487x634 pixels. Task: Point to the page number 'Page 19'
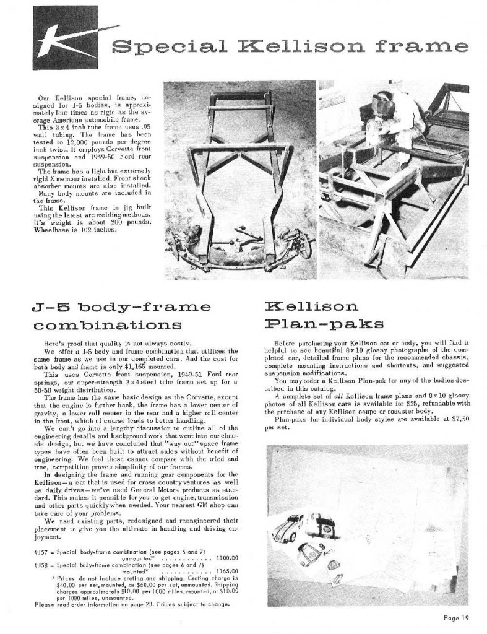(459, 617)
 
